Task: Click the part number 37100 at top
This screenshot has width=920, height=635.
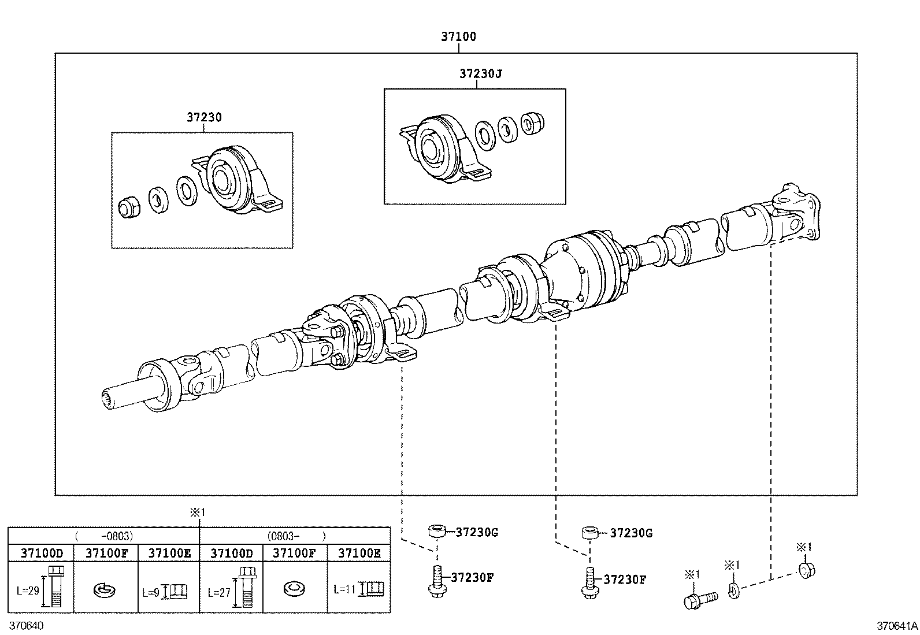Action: pos(458,36)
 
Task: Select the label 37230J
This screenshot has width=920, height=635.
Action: pos(481,74)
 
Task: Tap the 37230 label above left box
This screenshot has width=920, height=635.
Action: pos(203,117)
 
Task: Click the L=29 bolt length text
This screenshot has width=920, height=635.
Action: pos(27,591)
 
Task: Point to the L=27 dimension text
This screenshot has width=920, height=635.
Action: pos(218,592)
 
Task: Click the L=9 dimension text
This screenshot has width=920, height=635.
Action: pos(151,592)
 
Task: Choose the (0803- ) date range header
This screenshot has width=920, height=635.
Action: pos(295,536)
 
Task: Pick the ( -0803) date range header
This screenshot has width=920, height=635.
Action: pos(104,536)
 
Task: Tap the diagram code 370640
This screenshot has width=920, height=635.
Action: pos(25,626)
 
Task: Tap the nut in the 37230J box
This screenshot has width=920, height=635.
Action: pos(532,122)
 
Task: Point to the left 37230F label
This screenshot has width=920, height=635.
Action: pos(471,577)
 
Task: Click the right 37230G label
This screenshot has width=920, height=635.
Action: pos(631,533)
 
